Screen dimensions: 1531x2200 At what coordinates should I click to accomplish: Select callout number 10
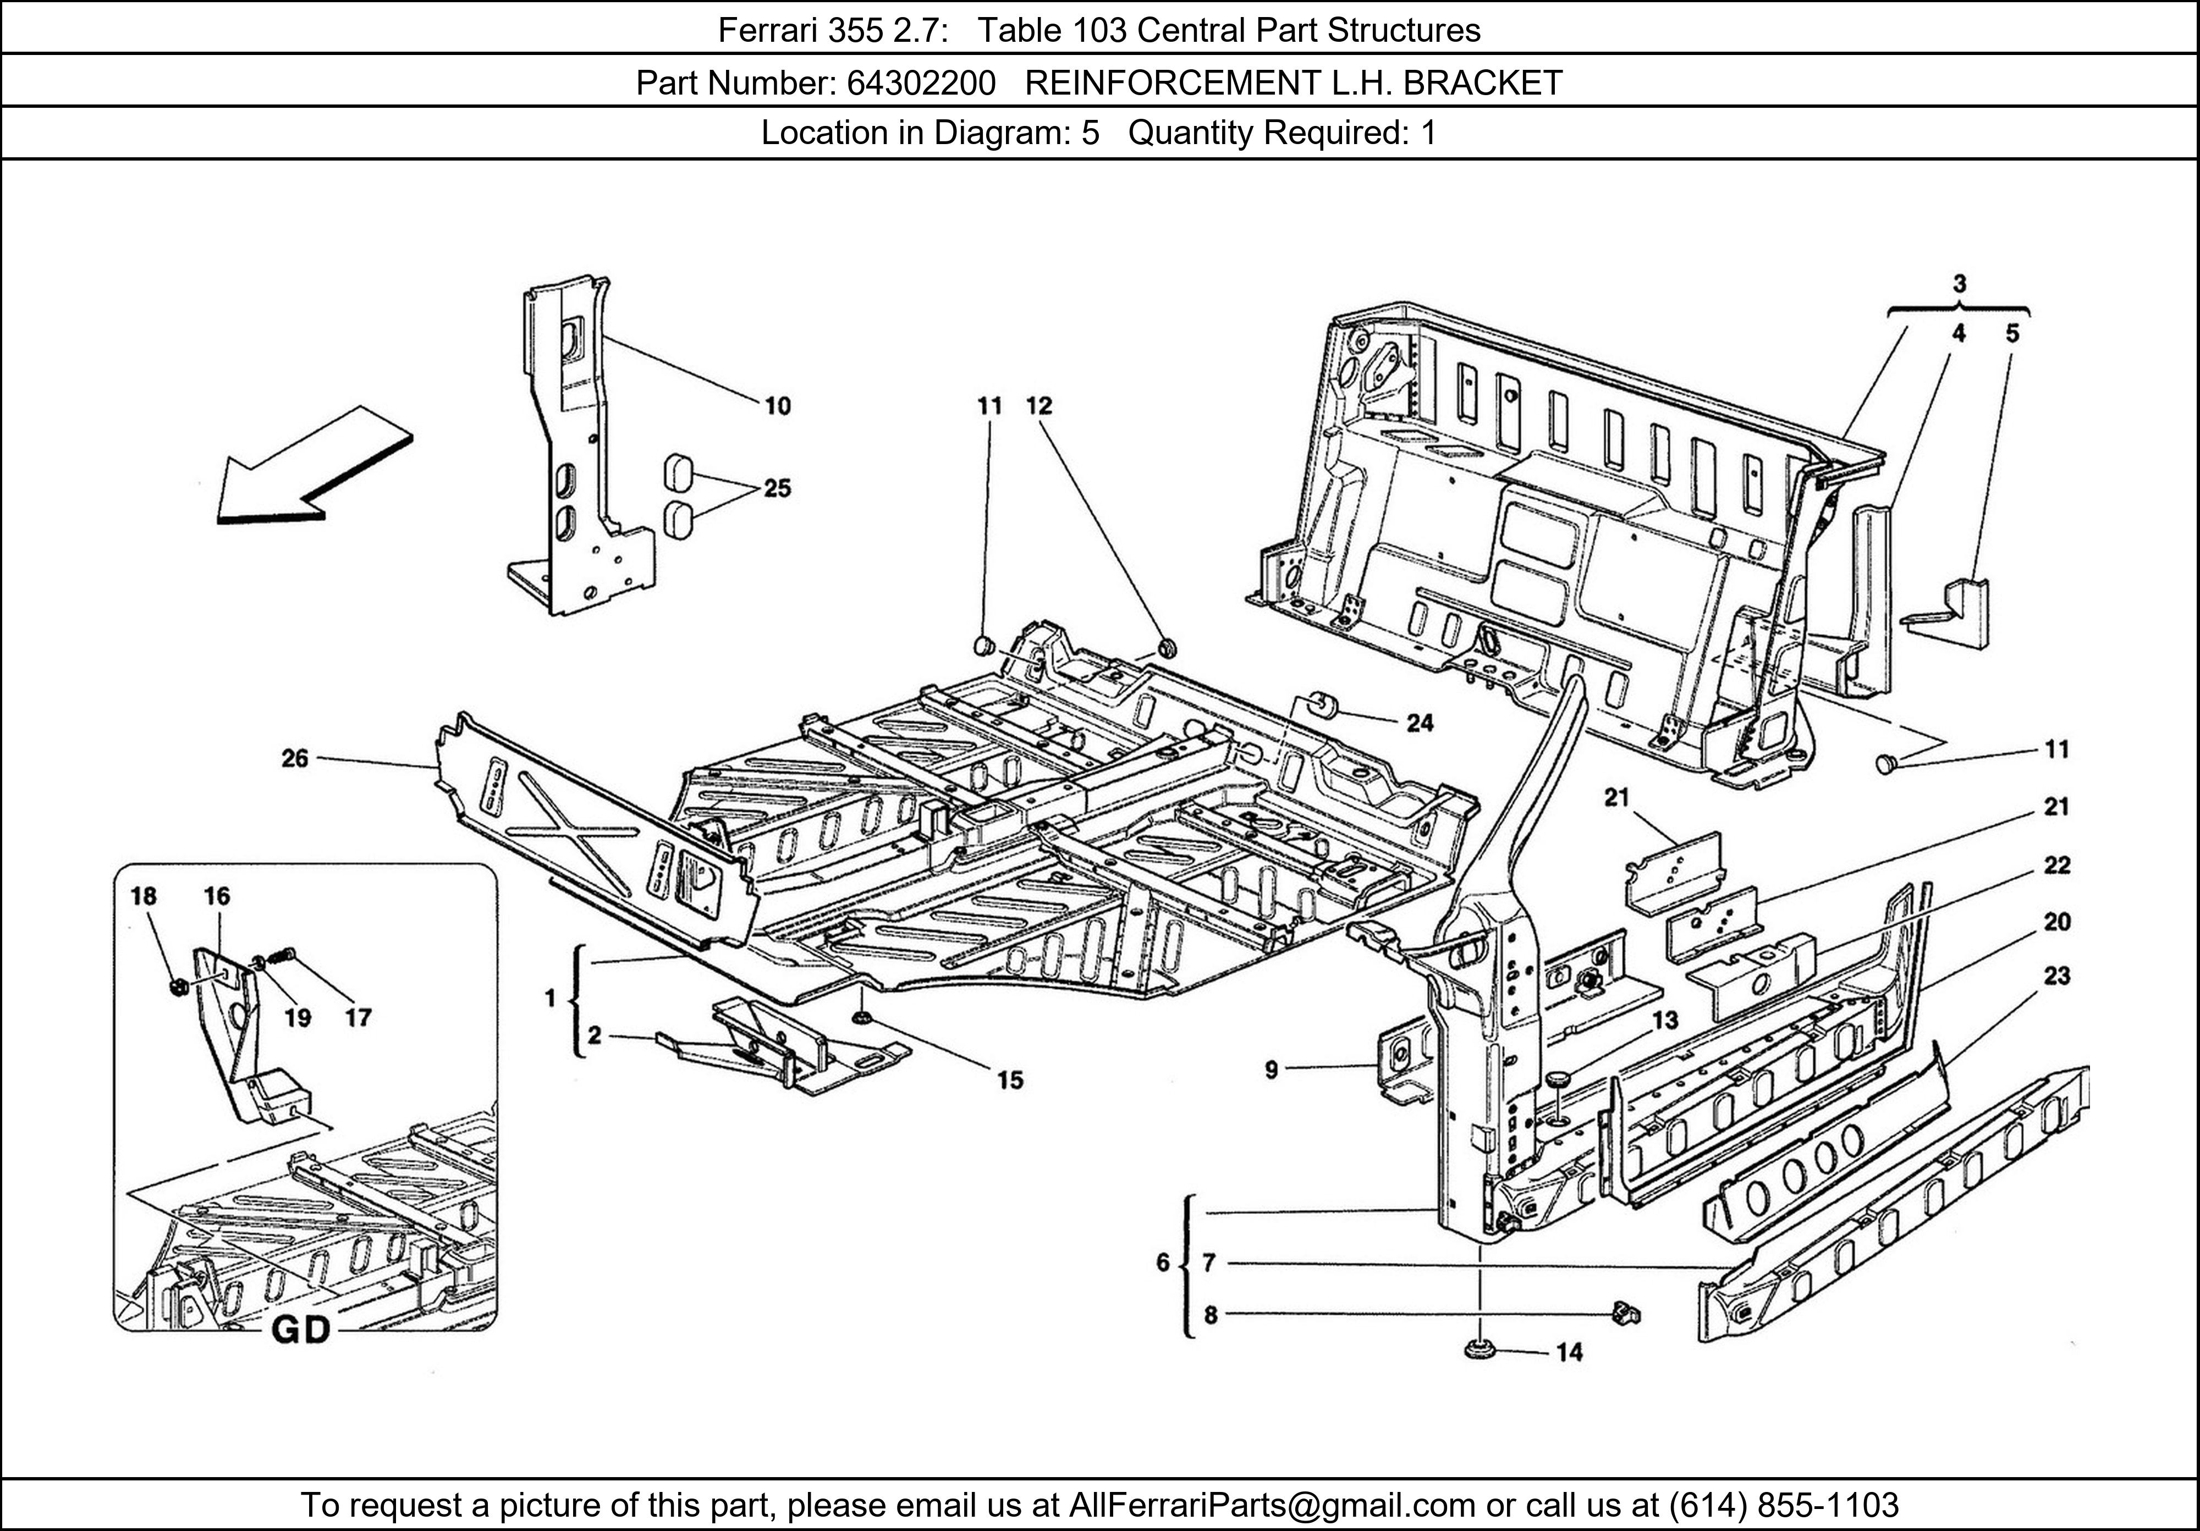[x=777, y=406]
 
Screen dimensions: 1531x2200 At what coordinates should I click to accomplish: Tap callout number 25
[x=777, y=489]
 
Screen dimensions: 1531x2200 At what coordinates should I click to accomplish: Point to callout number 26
[x=294, y=759]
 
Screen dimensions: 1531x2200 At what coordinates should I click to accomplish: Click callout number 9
[x=1270, y=1069]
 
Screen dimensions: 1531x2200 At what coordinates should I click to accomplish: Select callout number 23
[x=2056, y=976]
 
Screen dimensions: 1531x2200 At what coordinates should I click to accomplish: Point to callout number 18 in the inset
[x=144, y=896]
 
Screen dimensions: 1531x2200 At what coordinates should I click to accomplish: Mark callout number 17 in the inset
[x=358, y=1017]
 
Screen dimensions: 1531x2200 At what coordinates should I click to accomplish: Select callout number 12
[x=1039, y=406]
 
